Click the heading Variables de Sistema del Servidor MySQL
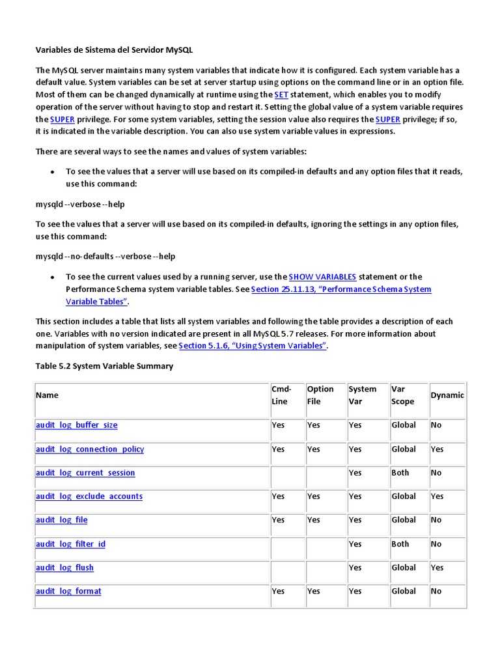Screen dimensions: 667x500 pos(114,50)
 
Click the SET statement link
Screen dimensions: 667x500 pos(281,94)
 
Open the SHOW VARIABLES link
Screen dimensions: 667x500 pos(322,277)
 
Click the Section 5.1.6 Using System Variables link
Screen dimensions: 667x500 pos(252,346)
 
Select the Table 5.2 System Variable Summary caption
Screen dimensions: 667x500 pos(104,366)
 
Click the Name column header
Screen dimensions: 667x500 pos(47,395)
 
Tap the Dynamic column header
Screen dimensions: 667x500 pos(447,395)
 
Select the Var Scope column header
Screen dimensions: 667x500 pos(402,395)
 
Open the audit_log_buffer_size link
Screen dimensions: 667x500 pos(76,425)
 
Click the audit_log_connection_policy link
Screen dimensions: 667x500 pos(90,449)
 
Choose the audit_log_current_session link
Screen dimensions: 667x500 pos(85,473)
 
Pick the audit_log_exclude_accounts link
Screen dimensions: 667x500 pos(89,496)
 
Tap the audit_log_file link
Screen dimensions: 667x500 pos(61,520)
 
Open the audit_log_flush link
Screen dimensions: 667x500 pos(64,568)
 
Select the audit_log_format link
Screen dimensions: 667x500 pos(68,591)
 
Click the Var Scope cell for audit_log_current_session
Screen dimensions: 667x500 pos(400,473)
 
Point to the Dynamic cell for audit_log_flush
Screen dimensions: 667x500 pos(437,568)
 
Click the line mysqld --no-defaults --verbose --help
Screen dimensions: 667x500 pos(105,257)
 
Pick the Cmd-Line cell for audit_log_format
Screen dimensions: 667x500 pos(278,591)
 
